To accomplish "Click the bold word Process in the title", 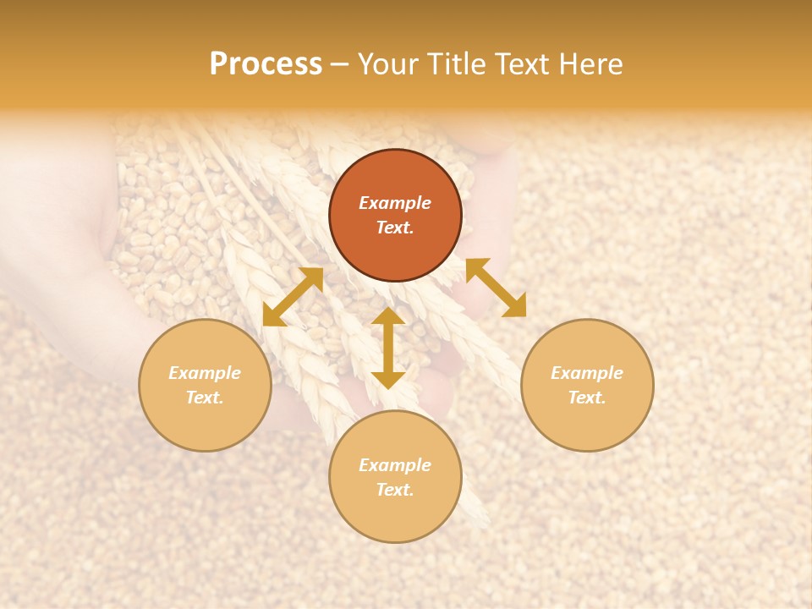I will point(266,63).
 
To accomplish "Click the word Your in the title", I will point(390,63).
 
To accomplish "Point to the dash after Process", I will point(340,64).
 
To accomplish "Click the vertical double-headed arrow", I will point(388,348).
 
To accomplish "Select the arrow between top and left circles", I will point(293,297).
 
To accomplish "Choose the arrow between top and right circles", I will point(496,288).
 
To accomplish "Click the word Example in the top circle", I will point(395,203).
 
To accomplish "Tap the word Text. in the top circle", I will point(395,228).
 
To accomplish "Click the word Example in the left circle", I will point(205,373).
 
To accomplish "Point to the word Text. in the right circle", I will point(587,398).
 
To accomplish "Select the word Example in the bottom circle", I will point(395,465).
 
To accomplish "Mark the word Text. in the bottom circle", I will point(395,490).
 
